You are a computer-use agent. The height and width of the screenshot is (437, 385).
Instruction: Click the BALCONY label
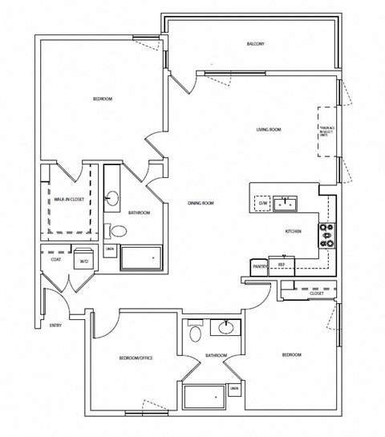point(255,43)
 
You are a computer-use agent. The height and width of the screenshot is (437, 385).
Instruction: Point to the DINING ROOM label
point(201,203)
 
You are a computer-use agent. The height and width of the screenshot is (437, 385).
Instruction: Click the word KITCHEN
point(293,231)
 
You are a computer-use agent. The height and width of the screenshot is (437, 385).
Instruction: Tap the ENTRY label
point(55,325)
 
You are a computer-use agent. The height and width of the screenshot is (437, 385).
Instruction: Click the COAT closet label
point(55,258)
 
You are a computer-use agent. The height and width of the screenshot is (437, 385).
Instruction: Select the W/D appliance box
point(83,261)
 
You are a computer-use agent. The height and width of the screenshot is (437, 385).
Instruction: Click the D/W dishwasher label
point(263,204)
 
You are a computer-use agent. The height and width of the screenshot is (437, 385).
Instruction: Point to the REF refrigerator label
point(282,264)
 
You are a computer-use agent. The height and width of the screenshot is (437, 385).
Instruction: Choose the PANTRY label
point(259,265)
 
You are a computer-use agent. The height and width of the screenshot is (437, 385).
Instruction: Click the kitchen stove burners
point(327,235)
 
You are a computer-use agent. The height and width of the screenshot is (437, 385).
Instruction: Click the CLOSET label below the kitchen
point(316,294)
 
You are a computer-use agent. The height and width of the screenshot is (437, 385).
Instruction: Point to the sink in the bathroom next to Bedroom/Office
point(225,328)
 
